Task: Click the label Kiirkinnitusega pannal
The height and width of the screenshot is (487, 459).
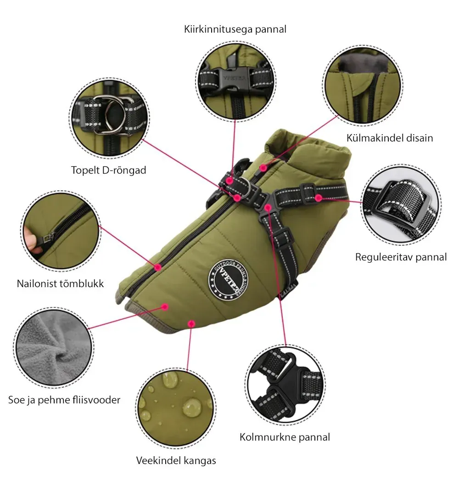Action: (235, 29)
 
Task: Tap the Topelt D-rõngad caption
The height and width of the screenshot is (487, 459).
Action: (108, 170)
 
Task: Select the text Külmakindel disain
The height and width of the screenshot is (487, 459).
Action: (390, 138)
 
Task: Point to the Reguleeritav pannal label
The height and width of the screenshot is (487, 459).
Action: (401, 257)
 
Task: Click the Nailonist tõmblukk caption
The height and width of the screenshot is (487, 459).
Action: (60, 283)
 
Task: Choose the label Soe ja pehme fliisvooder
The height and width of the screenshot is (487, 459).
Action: (64, 400)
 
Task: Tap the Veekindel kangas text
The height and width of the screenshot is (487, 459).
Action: (176, 460)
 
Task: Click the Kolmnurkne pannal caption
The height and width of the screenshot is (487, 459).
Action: (285, 437)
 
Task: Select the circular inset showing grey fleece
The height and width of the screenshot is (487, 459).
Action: (54, 348)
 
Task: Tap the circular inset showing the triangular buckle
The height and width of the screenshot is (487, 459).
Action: (285, 385)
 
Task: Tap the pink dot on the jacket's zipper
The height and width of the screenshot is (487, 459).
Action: (158, 267)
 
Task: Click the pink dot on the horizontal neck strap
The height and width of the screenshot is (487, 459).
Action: (319, 198)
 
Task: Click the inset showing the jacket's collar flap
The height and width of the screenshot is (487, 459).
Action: (363, 85)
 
